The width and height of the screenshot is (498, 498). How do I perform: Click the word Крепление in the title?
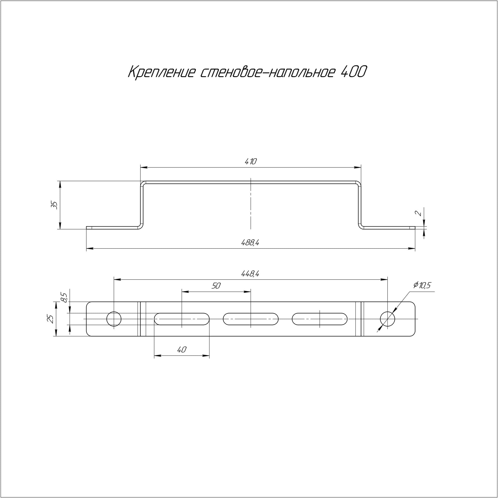pyautogui.click(x=162, y=72)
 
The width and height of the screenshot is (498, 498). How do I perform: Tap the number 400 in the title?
pyautogui.click(x=353, y=72)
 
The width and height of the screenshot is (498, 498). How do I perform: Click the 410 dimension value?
pyautogui.click(x=250, y=162)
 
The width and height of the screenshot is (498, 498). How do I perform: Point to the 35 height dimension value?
pyautogui.click(x=54, y=205)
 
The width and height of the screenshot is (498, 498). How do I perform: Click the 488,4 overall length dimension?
pyautogui.click(x=250, y=243)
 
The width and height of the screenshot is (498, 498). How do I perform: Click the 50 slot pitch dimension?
pyautogui.click(x=216, y=286)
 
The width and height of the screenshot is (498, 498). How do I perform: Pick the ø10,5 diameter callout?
pyautogui.click(x=422, y=285)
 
